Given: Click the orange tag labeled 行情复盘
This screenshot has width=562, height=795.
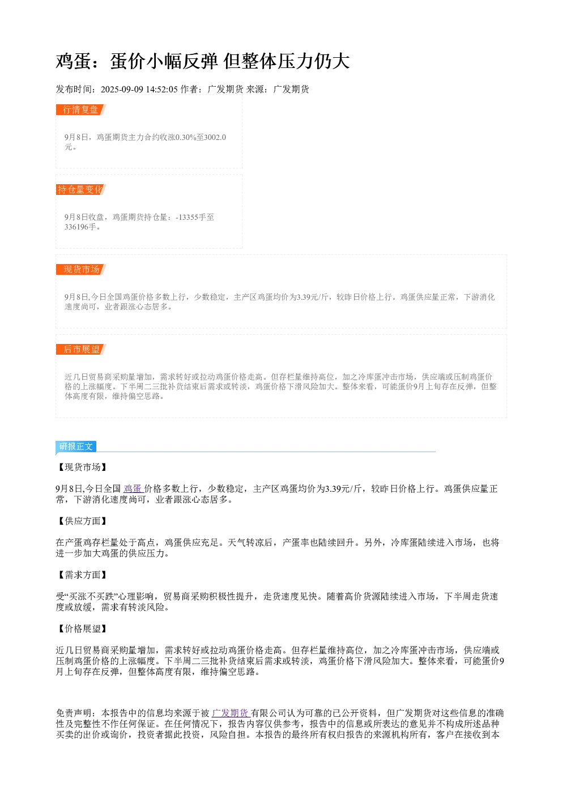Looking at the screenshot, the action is (x=81, y=110).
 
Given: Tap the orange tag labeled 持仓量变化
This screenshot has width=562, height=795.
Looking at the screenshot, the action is (x=81, y=189).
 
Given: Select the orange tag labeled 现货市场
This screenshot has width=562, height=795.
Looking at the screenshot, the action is (x=81, y=269).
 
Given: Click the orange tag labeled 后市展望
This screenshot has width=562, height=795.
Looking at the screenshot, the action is (x=81, y=349).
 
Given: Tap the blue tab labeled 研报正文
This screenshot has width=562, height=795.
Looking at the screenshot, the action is (x=76, y=447).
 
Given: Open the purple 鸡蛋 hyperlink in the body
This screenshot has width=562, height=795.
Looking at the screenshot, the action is (x=133, y=488).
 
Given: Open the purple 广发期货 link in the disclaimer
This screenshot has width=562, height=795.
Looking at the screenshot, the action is (x=231, y=713).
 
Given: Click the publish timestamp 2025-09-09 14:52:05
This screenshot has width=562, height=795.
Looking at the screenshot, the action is (x=139, y=89).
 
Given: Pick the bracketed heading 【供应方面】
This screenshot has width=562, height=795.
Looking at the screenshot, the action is (x=82, y=521).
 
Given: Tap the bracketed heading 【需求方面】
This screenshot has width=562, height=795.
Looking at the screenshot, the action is (x=82, y=575).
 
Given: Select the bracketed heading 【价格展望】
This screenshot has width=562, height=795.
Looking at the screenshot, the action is (x=82, y=628).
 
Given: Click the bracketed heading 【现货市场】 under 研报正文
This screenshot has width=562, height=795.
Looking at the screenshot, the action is (x=82, y=467).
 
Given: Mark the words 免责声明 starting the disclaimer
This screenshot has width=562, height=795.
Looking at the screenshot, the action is (x=74, y=713).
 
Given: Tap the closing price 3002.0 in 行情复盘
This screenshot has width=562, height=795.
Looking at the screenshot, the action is (x=215, y=137).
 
